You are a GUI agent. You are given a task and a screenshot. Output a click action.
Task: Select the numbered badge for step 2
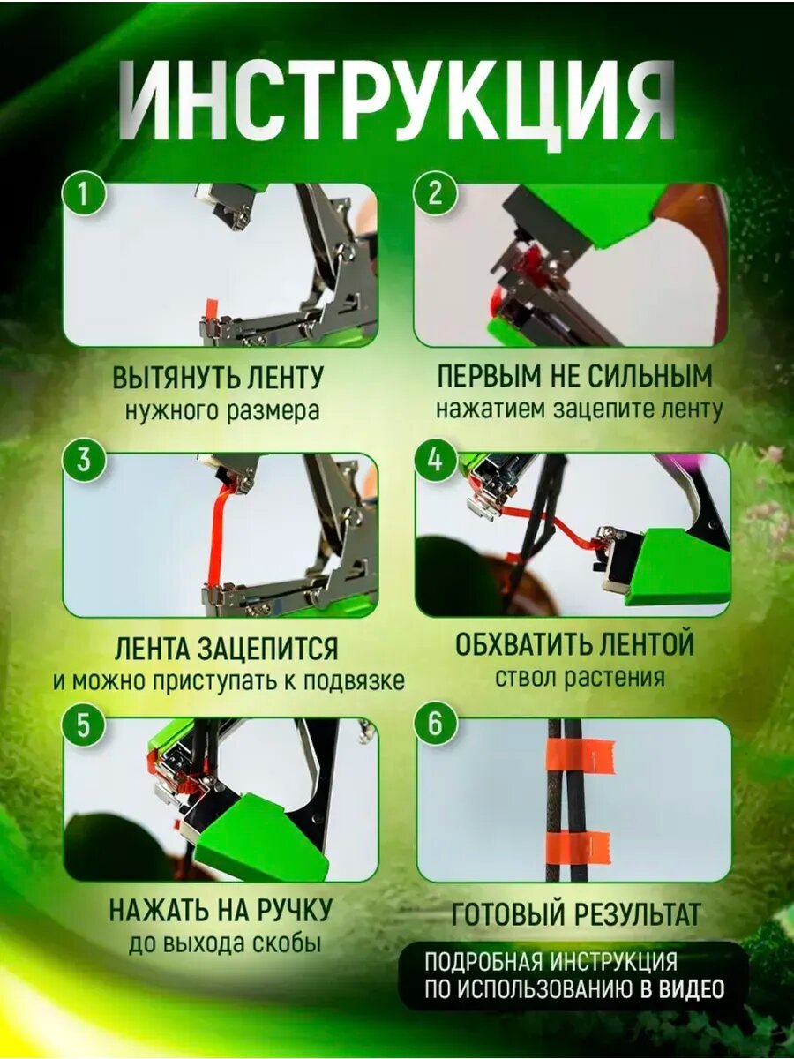(435, 195)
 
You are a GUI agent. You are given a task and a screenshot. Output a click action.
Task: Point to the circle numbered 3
(84, 459)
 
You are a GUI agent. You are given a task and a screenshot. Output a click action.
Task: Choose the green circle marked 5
(84, 725)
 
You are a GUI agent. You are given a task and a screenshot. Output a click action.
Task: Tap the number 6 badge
(435, 725)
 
